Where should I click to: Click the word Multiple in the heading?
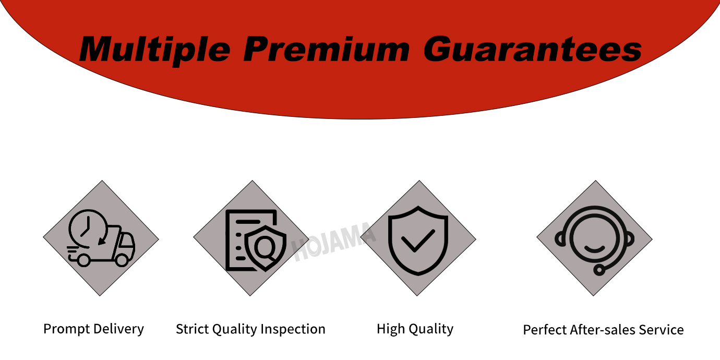tap(154, 50)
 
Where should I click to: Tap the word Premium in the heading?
tap(326, 49)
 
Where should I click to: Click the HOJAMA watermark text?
tap(333, 241)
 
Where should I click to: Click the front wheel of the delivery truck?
tap(122, 260)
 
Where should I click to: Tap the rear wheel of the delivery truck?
tap(83, 260)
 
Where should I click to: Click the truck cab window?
tap(127, 241)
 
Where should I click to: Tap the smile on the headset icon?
tap(594, 249)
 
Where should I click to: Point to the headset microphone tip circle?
tap(599, 270)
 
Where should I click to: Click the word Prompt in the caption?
tap(67, 329)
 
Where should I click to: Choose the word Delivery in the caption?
tap(118, 329)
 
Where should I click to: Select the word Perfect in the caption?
tap(545, 330)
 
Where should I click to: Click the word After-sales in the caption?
tap(603, 330)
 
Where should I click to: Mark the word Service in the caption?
tap(661, 330)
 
